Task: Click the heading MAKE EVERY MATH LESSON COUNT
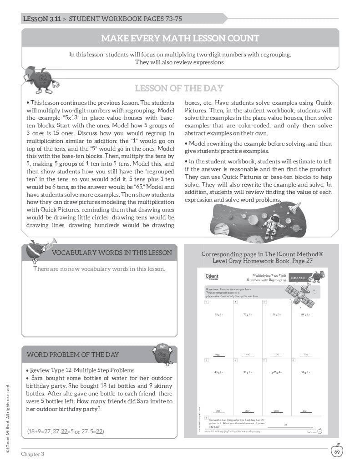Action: (x=180, y=38)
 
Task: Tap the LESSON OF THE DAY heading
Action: (x=179, y=88)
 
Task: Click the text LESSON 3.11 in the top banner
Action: (x=42, y=19)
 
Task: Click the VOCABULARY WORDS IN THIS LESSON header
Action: (x=112, y=253)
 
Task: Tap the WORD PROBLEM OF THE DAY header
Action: (x=73, y=355)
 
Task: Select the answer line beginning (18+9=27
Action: (x=65, y=431)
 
